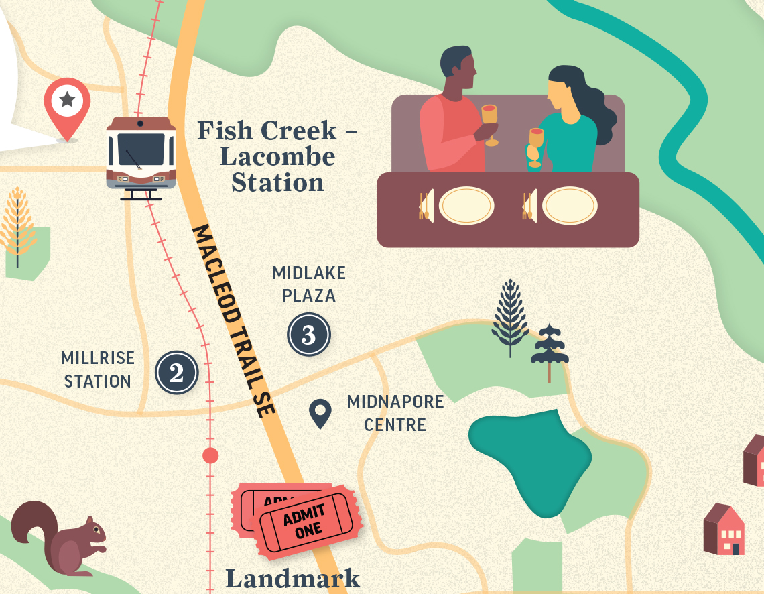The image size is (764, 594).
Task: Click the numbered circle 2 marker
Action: pyautogui.click(x=177, y=373)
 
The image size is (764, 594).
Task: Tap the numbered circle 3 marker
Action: pyautogui.click(x=309, y=335)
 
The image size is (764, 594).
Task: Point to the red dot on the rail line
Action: pyautogui.click(x=210, y=456)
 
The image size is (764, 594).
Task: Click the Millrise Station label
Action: pyautogui.click(x=98, y=369)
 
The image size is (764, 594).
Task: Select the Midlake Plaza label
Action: pyautogui.click(x=309, y=284)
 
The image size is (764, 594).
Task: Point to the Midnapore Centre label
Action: pyautogui.click(x=395, y=413)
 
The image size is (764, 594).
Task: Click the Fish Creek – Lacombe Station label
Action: pyautogui.click(x=277, y=156)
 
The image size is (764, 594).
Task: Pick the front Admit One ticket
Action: pyautogui.click(x=308, y=522)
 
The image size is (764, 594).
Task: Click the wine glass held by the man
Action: pyautogui.click(x=490, y=121)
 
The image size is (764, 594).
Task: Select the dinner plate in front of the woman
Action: pyautogui.click(x=569, y=205)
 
